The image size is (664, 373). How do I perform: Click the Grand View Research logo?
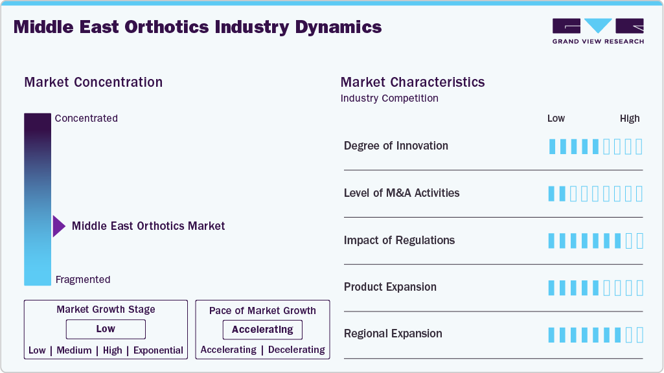tap(598, 30)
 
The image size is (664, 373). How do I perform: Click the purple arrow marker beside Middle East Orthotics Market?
tap(59, 226)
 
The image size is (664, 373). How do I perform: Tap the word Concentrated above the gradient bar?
tap(86, 119)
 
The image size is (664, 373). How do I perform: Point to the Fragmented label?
tap(83, 280)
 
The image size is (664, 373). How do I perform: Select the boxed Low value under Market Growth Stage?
tap(106, 329)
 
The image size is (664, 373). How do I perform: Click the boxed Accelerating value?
tap(262, 330)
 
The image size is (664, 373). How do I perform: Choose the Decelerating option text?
tap(297, 350)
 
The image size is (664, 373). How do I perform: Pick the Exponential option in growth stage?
tap(158, 350)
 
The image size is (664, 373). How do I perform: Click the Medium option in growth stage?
tap(74, 350)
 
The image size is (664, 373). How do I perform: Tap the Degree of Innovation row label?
tap(396, 146)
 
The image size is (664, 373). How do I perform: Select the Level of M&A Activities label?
tap(402, 193)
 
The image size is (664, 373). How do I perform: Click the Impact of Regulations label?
tap(399, 240)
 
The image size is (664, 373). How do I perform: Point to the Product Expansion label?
tap(390, 287)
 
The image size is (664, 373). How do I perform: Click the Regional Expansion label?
tap(393, 333)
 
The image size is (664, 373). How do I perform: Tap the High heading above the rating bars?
tap(630, 119)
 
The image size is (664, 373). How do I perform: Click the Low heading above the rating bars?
tap(556, 119)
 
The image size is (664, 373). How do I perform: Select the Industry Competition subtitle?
tap(389, 98)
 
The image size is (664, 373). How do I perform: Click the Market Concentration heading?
tap(93, 82)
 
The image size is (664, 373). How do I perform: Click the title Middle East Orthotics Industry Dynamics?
tap(198, 27)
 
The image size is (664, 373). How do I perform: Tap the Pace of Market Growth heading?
tap(262, 311)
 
